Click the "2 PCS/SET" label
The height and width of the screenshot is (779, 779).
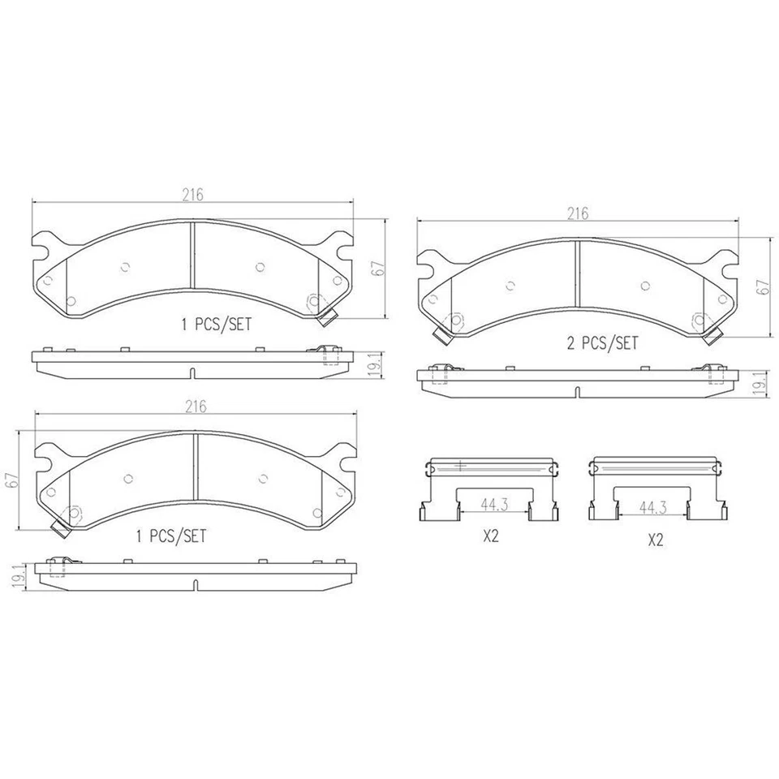(601, 343)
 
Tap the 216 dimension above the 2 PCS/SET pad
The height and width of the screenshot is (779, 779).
(577, 213)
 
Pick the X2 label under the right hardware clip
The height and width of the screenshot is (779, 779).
(655, 540)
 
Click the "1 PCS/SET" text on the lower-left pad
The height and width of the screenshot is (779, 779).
(170, 536)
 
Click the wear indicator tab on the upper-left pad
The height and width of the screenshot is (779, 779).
(327, 317)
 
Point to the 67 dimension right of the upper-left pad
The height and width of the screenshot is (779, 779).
(377, 268)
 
